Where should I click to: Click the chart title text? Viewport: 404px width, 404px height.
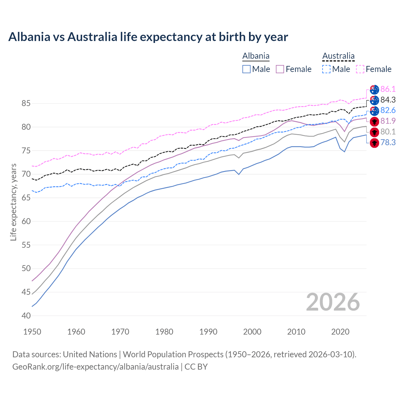[148, 37]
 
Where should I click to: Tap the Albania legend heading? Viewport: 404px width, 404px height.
[256, 56]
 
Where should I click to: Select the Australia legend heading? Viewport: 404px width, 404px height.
[338, 56]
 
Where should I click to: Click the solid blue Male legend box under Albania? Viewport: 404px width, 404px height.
[247, 69]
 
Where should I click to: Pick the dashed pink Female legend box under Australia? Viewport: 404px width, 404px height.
[360, 69]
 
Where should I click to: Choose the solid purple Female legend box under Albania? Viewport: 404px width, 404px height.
[280, 69]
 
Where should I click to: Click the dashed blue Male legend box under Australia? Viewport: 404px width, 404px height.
[326, 69]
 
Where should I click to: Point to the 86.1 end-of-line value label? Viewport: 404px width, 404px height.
[388, 89]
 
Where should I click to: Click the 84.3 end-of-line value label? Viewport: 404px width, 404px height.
[388, 100]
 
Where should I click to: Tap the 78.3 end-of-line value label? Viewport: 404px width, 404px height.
[388, 142]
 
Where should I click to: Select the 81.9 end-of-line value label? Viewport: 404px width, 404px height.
[388, 121]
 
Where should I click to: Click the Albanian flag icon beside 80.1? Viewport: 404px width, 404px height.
[374, 132]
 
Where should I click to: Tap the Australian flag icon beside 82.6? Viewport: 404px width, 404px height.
[374, 111]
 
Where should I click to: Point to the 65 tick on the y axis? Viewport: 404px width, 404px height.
[26, 198]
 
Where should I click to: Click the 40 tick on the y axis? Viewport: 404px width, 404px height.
[26, 316]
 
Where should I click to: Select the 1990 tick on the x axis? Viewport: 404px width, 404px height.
[208, 332]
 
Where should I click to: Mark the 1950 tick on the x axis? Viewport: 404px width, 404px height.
[32, 332]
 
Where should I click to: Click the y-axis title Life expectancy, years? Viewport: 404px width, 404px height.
[13, 202]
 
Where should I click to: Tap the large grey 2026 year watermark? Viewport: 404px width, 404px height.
[333, 302]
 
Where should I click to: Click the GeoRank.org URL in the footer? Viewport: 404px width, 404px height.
[95, 367]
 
